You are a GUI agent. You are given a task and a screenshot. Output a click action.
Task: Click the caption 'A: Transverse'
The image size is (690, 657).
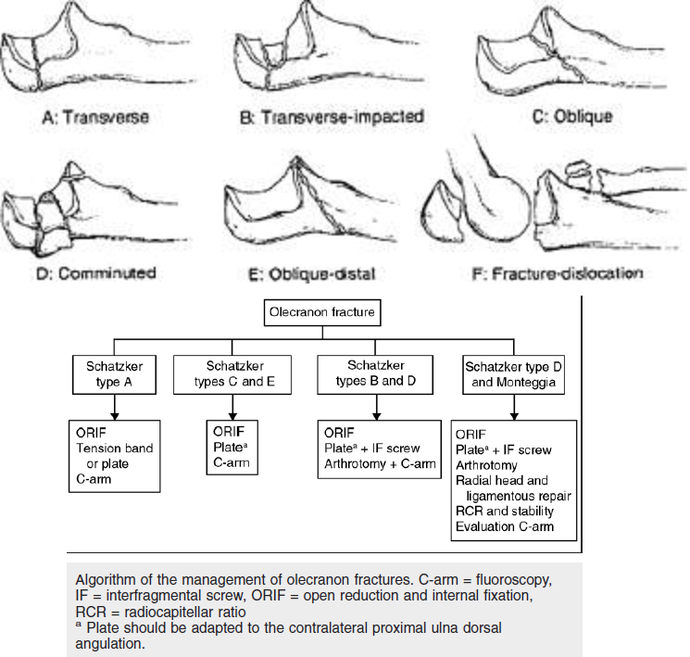point(96,118)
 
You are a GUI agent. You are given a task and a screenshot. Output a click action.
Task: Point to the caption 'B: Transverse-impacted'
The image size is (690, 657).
point(332,118)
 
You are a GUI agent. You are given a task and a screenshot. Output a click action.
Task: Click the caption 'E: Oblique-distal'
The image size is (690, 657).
point(331,273)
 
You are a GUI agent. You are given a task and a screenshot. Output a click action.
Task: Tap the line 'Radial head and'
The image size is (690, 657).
point(502,481)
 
